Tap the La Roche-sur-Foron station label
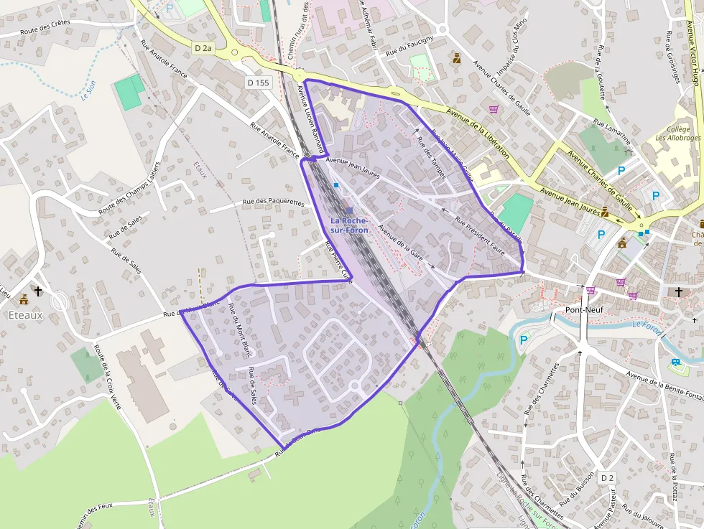349,224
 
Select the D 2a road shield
204,48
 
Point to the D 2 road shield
608,477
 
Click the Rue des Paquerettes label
274,202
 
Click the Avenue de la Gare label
400,243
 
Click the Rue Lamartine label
611,131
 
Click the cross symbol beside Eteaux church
37,292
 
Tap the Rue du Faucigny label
409,47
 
